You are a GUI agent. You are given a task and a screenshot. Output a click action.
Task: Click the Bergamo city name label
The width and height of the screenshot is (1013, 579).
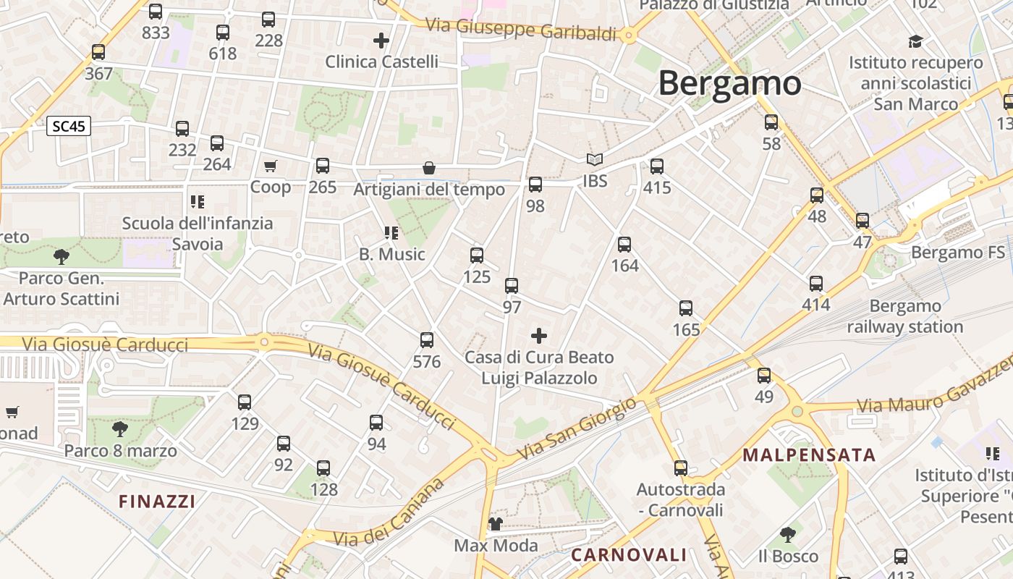[x=729, y=84]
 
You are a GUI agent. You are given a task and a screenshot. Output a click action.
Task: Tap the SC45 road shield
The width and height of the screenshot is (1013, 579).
[x=69, y=126]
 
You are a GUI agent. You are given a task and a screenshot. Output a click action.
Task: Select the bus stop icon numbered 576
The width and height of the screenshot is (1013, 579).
[x=427, y=339]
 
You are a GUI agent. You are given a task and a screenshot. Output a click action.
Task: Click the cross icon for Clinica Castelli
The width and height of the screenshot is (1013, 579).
[x=381, y=41]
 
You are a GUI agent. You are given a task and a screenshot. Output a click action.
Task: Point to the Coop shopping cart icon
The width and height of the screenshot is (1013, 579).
[x=270, y=166]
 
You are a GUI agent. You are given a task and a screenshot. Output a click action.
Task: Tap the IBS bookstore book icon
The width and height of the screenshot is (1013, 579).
[x=594, y=159]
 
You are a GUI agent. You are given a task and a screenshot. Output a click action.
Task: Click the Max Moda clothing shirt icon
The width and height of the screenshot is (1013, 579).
[x=496, y=523]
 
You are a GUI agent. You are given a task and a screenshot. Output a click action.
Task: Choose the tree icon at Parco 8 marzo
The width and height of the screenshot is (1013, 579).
[x=120, y=429]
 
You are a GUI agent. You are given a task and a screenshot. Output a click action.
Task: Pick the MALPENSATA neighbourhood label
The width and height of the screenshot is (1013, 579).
[x=809, y=455]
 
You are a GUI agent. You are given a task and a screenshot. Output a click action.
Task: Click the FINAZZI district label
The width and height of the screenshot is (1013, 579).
[x=157, y=501]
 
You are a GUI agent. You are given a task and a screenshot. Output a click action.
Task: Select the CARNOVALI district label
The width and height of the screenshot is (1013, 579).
[x=629, y=555]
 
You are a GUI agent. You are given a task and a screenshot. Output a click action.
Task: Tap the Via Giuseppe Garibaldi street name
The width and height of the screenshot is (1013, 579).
[x=520, y=29]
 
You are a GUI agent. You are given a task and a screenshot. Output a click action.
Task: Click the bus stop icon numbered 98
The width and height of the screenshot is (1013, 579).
[x=535, y=185]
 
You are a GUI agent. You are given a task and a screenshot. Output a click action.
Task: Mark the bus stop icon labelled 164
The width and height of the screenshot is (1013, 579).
[x=624, y=245]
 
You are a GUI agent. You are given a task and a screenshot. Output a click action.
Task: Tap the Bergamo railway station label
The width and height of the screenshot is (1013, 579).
[x=905, y=316]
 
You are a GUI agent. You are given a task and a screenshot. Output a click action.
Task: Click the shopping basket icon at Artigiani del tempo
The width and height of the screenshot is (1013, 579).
[x=429, y=169]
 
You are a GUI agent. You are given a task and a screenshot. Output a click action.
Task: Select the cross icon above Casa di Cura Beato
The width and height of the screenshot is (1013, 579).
[x=539, y=336]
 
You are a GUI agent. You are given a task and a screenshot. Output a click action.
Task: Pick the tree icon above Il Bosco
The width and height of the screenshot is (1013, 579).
[x=788, y=535]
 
